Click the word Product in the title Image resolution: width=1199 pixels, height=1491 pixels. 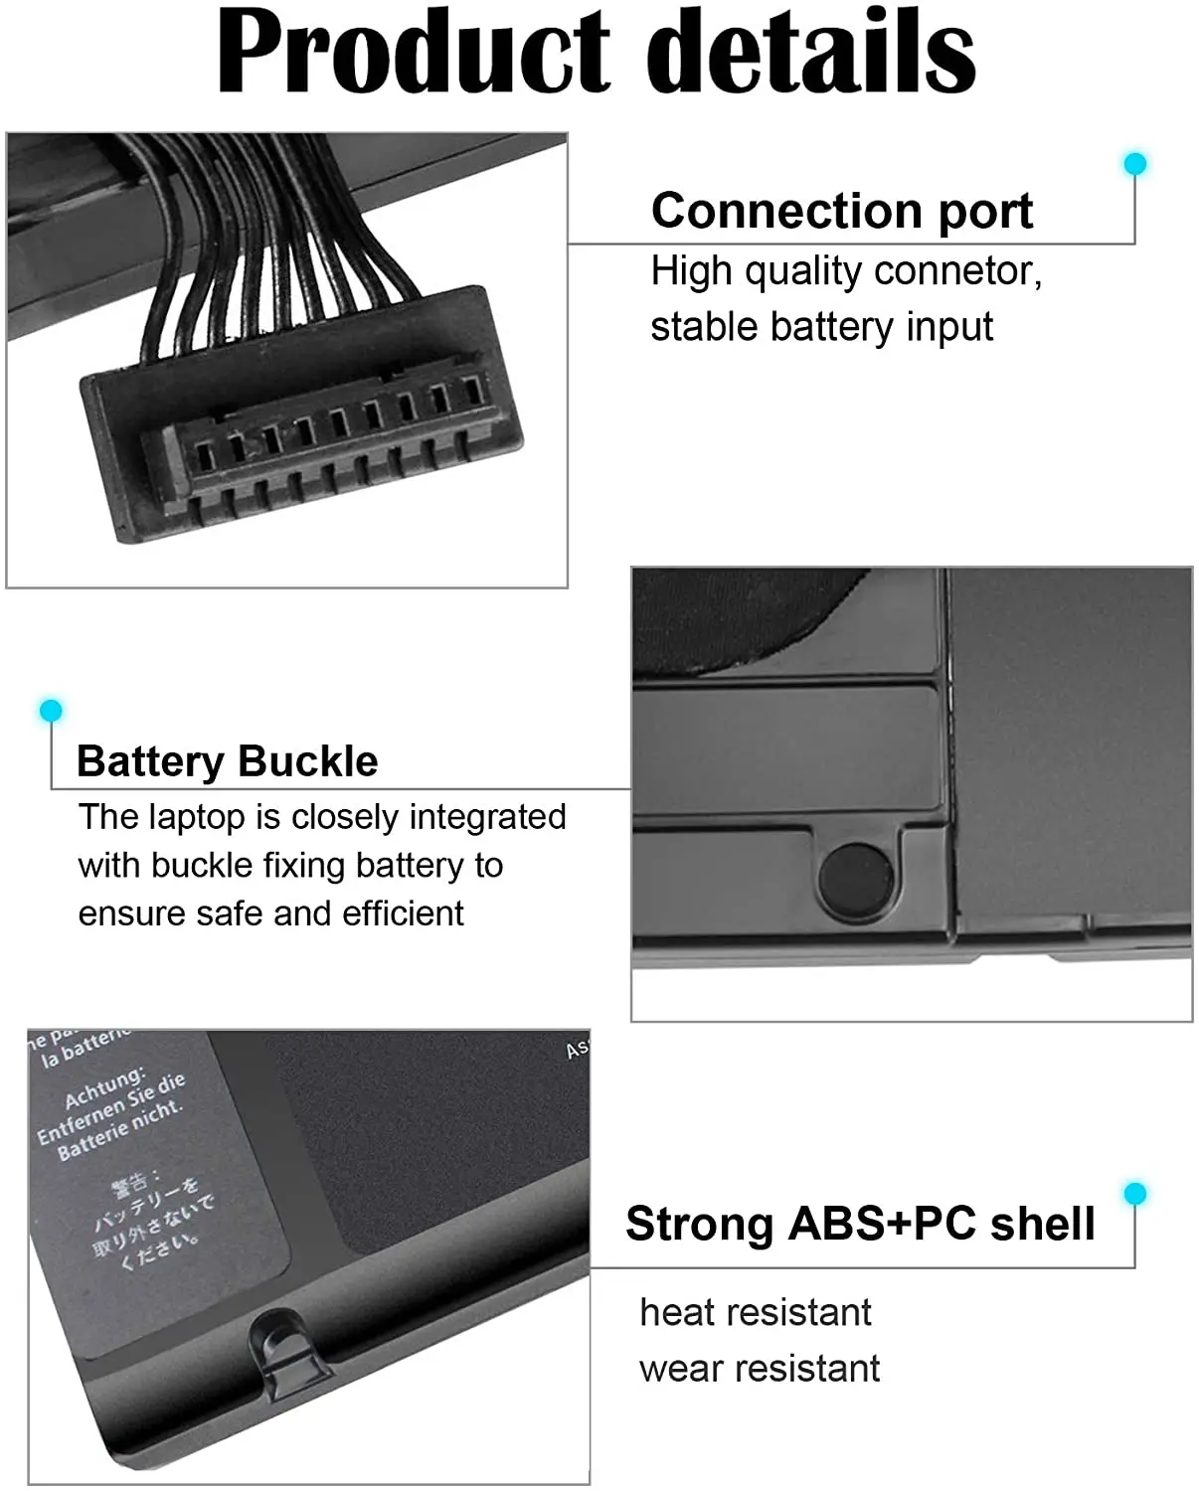click(414, 52)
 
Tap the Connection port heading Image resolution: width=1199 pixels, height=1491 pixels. click(841, 211)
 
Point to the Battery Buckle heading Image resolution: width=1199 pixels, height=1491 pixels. click(227, 761)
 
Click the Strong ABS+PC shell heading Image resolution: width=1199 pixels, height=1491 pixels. click(859, 1224)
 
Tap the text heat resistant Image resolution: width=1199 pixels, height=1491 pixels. click(755, 1312)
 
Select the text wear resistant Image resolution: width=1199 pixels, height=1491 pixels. click(759, 1369)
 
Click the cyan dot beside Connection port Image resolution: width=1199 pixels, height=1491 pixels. click(1134, 163)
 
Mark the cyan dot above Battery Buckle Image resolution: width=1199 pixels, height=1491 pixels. click(51, 710)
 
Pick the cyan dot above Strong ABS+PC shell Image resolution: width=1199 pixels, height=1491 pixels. click(1134, 1193)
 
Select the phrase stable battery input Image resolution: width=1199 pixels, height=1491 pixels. click(821, 327)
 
